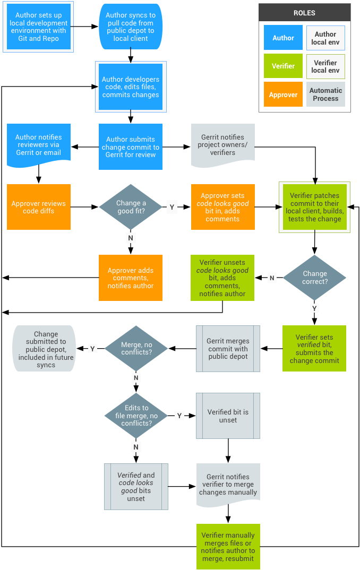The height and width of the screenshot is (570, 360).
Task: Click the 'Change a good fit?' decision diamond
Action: coord(131,207)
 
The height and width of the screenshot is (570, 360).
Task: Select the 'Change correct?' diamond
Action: coord(314,278)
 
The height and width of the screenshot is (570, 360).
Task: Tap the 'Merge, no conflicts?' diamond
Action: coord(136,348)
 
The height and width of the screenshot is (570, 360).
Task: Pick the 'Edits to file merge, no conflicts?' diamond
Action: coord(136,416)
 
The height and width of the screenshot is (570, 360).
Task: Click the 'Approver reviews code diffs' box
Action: coord(39,207)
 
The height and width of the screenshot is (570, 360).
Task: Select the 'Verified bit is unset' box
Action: coord(228,416)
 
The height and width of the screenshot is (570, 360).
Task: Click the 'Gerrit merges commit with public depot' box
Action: coord(228,349)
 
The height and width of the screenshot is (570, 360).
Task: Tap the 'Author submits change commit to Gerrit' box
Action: coord(131,146)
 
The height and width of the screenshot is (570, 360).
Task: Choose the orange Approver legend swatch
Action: coord(283,94)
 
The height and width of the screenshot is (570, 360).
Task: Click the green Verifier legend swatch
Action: coord(283,66)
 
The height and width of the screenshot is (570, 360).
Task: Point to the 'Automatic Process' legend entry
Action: coord(325,94)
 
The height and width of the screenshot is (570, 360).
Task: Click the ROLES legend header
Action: coord(305,13)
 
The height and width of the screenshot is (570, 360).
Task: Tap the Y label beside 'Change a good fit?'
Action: coord(172,207)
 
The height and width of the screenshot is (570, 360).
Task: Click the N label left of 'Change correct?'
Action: coord(272,278)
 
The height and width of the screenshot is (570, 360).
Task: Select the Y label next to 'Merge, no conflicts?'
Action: coord(92,349)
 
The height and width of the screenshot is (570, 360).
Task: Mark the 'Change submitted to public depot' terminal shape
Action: coord(45,349)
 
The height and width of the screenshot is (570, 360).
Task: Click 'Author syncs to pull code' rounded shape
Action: coord(131,27)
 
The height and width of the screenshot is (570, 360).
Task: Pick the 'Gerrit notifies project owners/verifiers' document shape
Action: coord(223,145)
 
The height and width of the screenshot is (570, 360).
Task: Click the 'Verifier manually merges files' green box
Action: coord(228,547)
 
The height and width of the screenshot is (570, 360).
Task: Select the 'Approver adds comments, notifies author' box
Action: coord(131,278)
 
